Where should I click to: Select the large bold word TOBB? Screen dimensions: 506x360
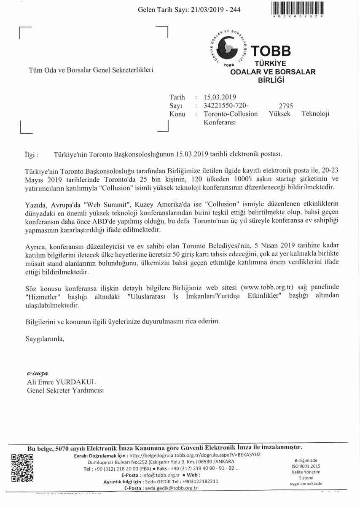(x=270, y=51)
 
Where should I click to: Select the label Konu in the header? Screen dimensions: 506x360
(x=177, y=114)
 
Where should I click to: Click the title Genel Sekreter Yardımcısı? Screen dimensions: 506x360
(x=65, y=390)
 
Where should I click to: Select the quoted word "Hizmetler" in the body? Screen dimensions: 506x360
(x=40, y=296)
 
